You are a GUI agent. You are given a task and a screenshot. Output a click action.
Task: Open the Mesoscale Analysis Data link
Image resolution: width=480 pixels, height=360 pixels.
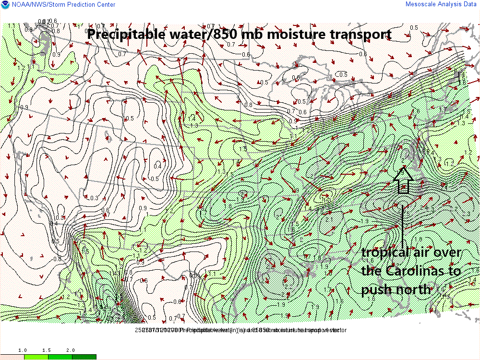coord(441,4)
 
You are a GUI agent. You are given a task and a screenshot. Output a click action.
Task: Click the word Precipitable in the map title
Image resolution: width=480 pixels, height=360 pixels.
coord(120,35)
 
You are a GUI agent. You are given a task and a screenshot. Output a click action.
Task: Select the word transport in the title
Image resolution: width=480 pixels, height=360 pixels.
coord(358,35)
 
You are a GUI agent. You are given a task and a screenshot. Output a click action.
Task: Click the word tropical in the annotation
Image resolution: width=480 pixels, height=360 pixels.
coord(384,253)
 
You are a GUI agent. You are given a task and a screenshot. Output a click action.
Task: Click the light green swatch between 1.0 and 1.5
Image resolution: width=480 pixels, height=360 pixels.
coord(36,357)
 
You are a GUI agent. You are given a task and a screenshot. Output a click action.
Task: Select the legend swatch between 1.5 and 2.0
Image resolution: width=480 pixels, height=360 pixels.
coord(60,357)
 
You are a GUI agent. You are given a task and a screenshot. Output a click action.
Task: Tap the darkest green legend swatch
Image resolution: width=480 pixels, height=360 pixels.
coord(84,357)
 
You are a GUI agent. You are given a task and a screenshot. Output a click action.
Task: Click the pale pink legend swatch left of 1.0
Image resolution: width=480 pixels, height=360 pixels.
coord(12,357)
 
